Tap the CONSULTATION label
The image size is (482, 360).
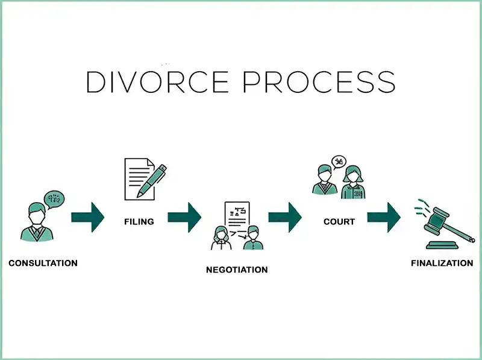43,264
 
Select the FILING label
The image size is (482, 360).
139,221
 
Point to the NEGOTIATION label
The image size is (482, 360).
237,270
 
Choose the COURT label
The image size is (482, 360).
339,221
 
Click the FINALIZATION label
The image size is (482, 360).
442,264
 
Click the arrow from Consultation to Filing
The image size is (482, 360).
88,217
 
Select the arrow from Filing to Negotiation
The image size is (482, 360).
184,217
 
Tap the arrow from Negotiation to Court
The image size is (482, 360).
285,217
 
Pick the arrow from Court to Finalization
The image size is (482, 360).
384,217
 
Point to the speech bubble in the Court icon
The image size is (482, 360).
339,162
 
